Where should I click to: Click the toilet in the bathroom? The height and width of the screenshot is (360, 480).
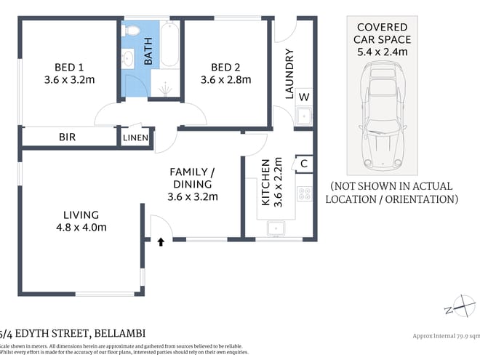click(x=131, y=31)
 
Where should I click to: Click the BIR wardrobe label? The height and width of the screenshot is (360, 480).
click(x=69, y=137)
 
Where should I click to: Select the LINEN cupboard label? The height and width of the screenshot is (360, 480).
click(x=137, y=137)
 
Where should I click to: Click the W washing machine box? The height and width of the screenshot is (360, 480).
click(x=303, y=97)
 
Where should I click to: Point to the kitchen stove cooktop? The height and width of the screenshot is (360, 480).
click(x=304, y=193)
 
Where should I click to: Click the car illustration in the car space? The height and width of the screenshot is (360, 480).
click(x=383, y=113)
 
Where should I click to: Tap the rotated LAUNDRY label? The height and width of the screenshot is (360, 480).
click(x=289, y=73)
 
